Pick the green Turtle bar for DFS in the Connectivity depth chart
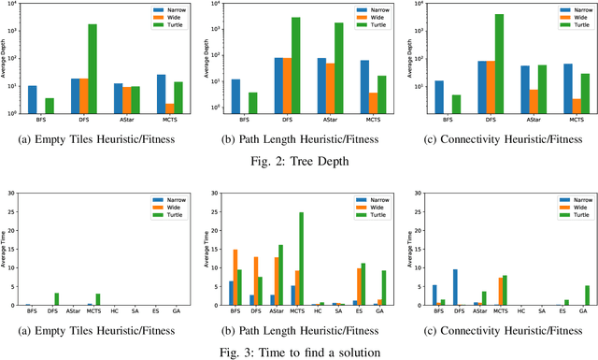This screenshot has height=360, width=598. pos(498,64)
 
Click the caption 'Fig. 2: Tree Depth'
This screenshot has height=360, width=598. pos(299,160)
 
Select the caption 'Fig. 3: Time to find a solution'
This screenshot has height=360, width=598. pos(299,351)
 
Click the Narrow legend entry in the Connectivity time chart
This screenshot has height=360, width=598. pos(579,199)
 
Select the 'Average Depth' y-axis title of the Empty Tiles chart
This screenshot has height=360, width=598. pos(7,59)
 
